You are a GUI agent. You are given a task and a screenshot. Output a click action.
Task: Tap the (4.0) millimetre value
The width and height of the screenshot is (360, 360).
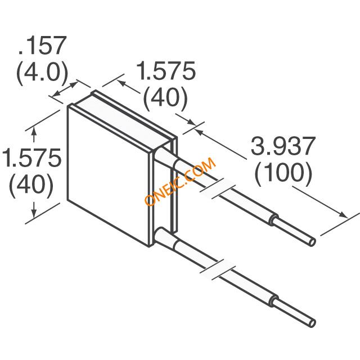point(43,72)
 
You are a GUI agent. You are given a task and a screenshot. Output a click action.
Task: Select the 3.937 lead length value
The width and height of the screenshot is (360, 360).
point(283,146)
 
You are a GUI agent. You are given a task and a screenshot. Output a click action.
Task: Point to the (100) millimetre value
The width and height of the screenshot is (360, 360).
point(283,172)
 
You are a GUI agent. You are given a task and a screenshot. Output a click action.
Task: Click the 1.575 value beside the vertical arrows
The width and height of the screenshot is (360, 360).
point(31,157)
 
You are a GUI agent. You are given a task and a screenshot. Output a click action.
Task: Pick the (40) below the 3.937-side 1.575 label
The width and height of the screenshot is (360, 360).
point(165,97)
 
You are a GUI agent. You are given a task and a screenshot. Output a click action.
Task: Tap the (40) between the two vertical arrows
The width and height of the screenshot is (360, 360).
point(31,184)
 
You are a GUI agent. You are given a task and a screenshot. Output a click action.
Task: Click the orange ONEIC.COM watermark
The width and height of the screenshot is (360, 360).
point(180,181)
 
